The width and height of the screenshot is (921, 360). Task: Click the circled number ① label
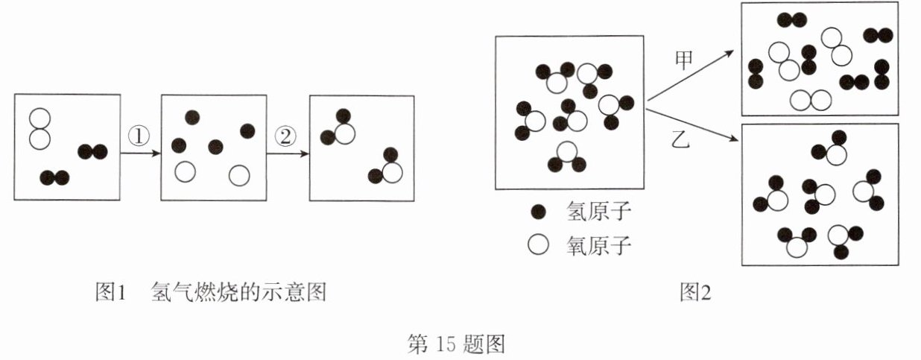tap(139, 136)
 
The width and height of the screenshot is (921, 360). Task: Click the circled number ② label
tap(286, 136)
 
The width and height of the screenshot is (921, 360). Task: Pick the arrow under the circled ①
tap(140, 154)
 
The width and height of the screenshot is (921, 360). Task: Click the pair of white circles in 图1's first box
tap(39, 128)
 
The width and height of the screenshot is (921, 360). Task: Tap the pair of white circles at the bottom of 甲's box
tap(810, 100)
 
